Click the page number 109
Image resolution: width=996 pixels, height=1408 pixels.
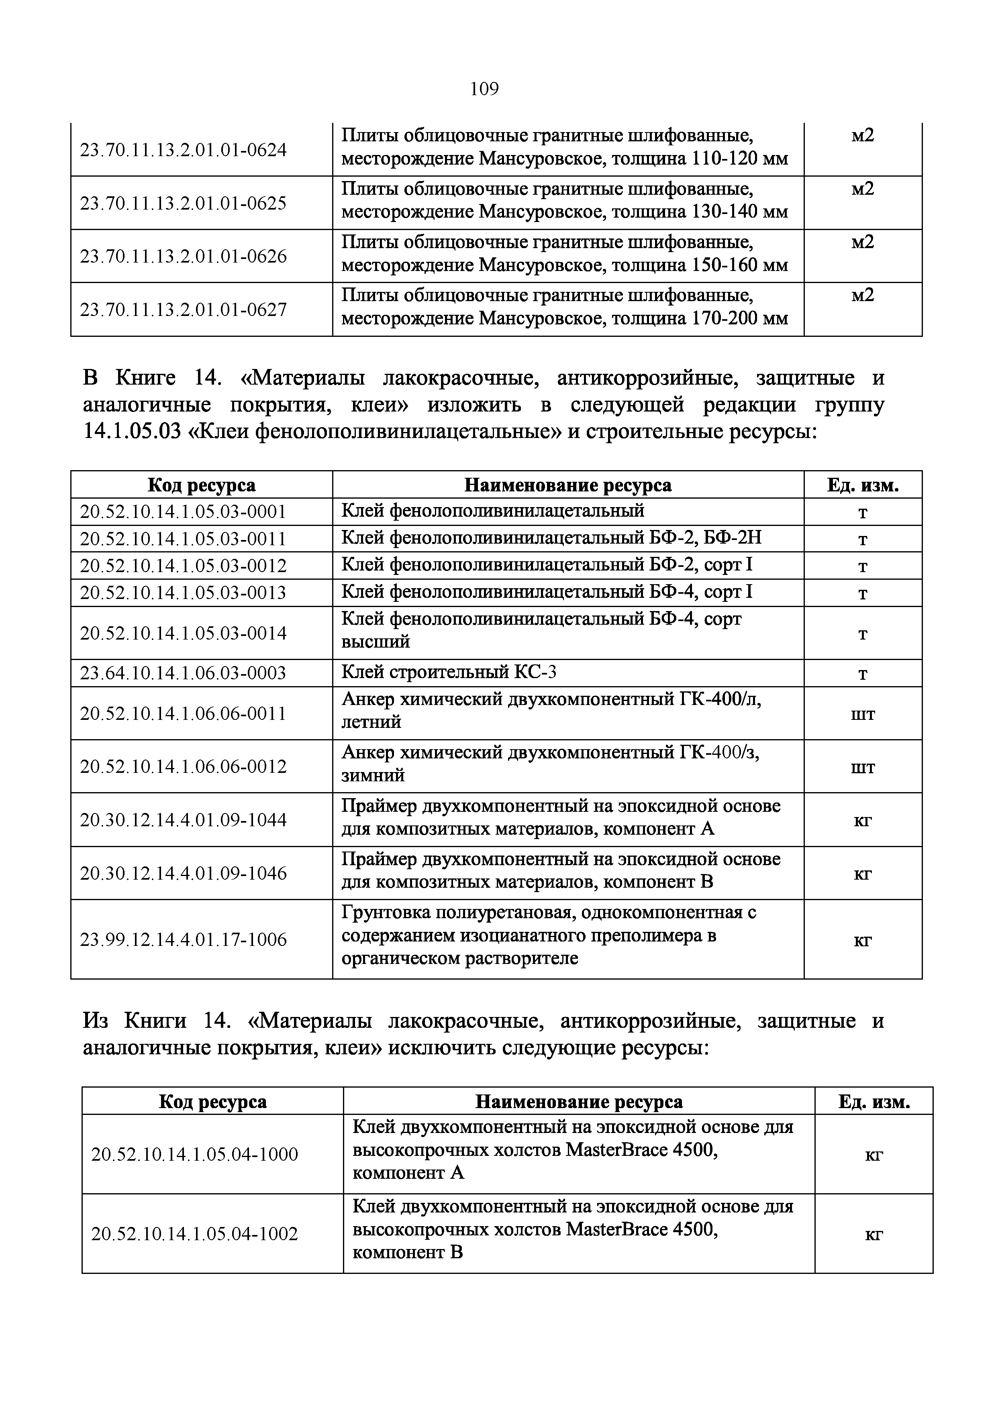coord(484,90)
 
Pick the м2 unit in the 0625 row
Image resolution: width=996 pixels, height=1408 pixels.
coord(862,189)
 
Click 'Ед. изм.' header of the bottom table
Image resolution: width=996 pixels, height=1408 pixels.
coord(874,1102)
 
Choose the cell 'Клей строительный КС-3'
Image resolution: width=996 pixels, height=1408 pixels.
coord(448,673)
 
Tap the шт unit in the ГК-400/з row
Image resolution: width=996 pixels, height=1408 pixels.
coord(862,767)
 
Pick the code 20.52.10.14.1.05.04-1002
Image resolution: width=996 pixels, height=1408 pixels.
coord(194,1233)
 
